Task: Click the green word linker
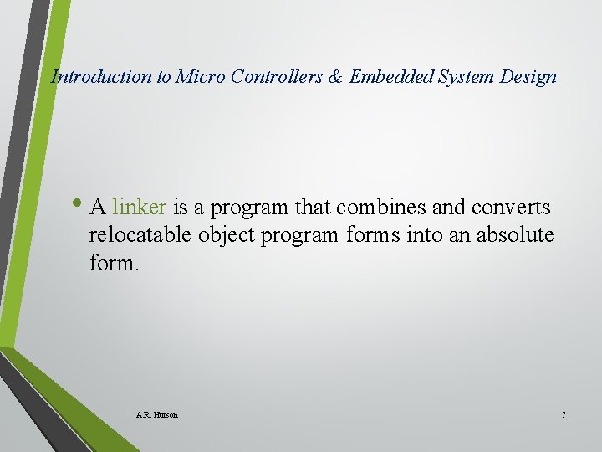click(x=140, y=206)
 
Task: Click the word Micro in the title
click(x=196, y=77)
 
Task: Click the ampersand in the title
click(x=335, y=77)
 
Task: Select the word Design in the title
click(x=528, y=77)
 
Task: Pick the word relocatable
click(x=140, y=235)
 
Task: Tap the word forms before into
click(x=373, y=235)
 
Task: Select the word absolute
click(x=515, y=235)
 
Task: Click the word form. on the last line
click(x=113, y=264)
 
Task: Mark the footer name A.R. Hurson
click(x=156, y=414)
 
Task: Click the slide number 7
click(x=564, y=414)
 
